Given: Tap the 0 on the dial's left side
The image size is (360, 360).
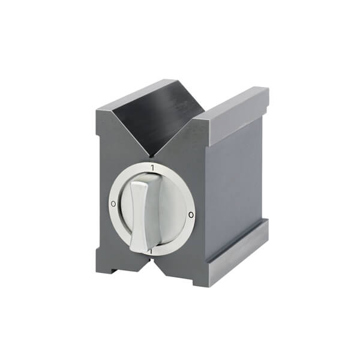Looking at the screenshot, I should [113, 204].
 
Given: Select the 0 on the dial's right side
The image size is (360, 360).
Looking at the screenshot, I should [190, 214].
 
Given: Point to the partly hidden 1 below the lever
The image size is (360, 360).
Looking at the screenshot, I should [151, 253].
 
